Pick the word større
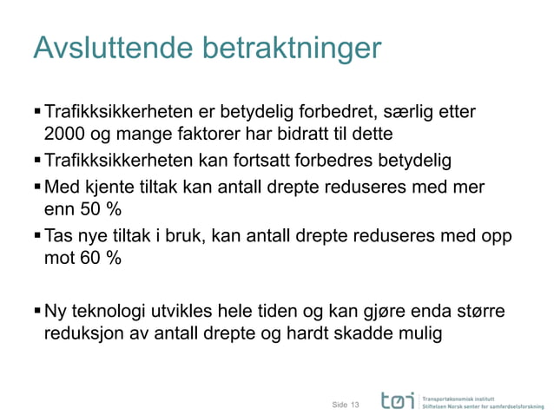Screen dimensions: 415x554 [477, 310]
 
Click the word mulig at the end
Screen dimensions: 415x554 [421, 332]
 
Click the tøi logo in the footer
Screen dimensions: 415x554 [396, 399]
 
